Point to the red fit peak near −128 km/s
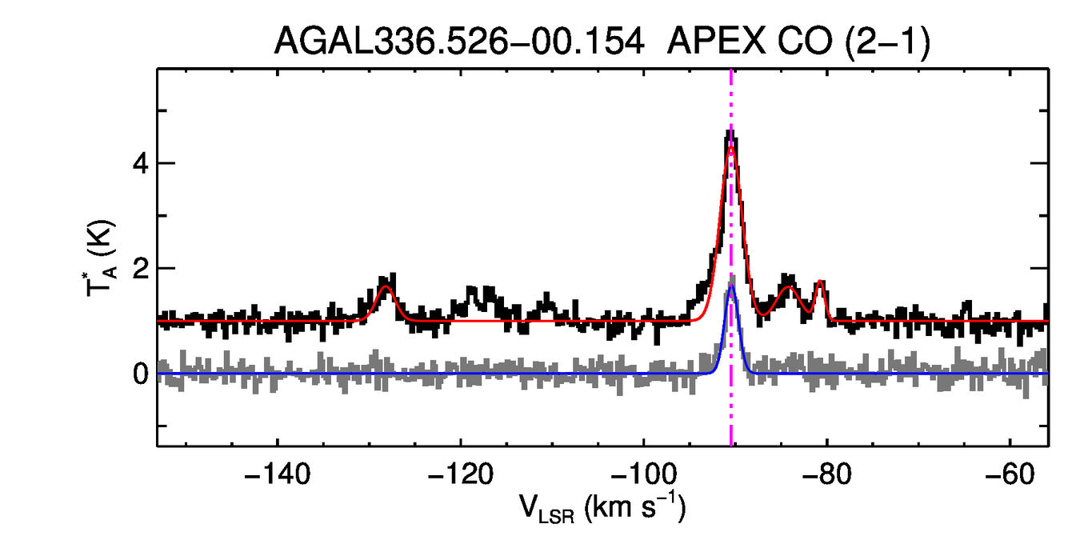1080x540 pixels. [x=386, y=286]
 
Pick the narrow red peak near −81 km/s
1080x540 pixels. [x=820, y=282]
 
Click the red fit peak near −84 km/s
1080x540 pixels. [x=790, y=286]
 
